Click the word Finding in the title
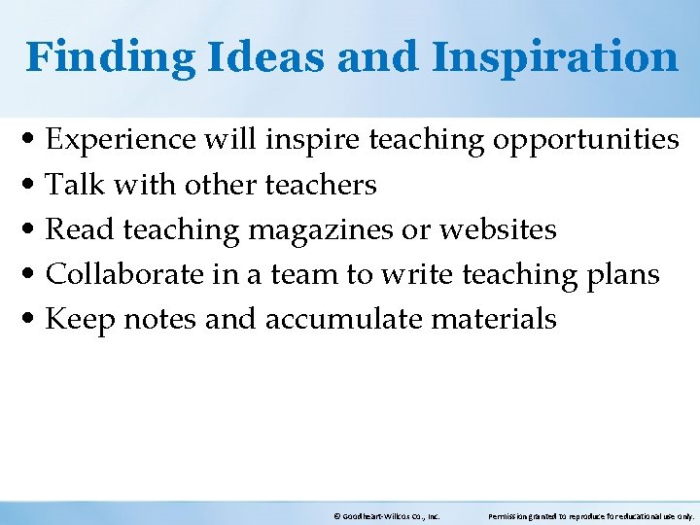point(110,56)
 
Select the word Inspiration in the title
point(555,56)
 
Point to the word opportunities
point(586,140)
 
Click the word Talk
point(69,185)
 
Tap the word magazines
point(318,229)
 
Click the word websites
point(498,229)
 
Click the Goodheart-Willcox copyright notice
point(387,516)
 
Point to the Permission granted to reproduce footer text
point(591,516)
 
